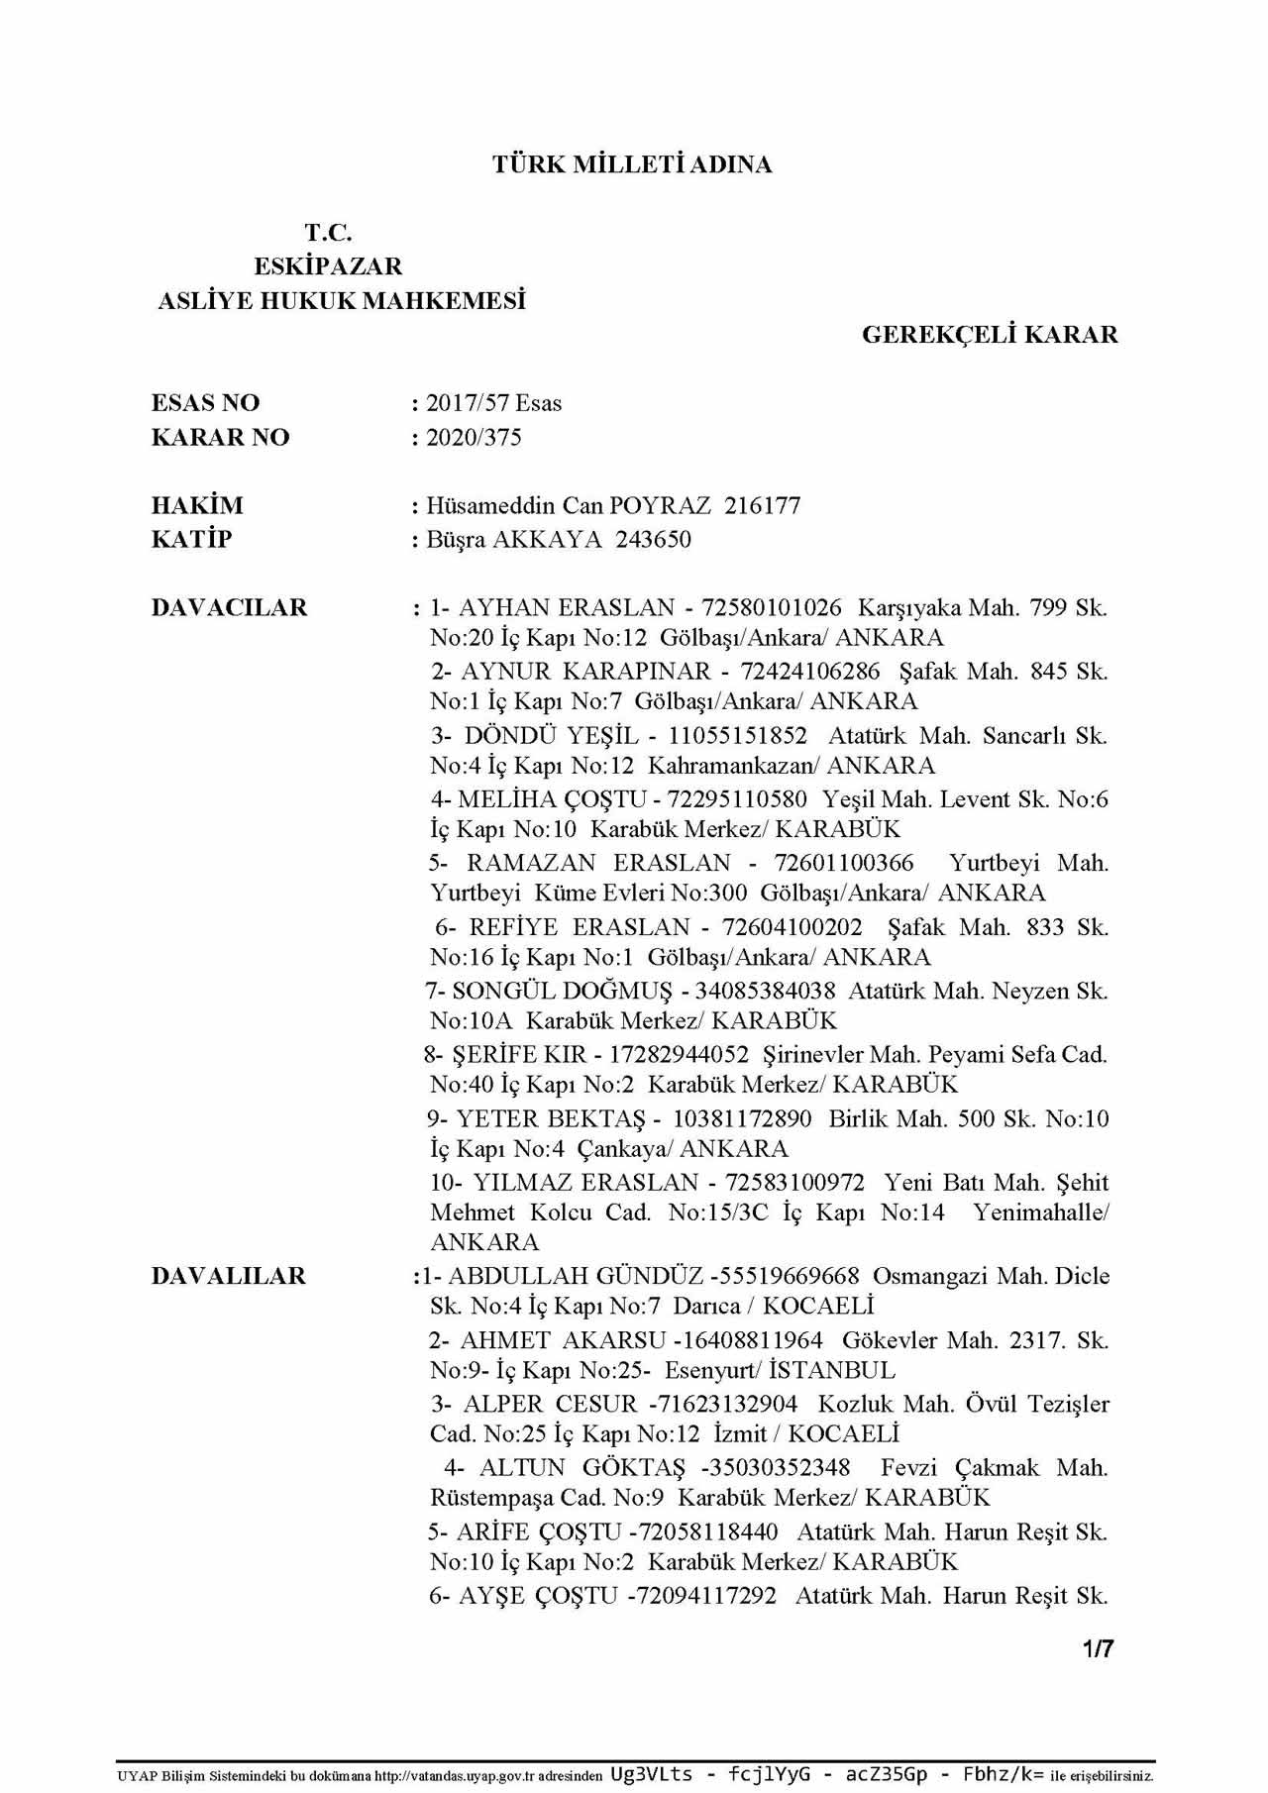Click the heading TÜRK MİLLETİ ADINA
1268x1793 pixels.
[632, 164]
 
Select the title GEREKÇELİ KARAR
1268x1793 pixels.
[990, 335]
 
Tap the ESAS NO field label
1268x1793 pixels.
[205, 403]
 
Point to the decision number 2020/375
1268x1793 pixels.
[474, 438]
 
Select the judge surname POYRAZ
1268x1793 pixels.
[660, 506]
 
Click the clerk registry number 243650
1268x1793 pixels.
[653, 540]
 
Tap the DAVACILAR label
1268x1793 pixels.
[229, 608]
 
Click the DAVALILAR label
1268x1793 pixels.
[228, 1276]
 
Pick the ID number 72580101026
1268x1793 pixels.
[772, 608]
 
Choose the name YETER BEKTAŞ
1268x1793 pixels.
[550, 1119]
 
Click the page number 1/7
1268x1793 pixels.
[1099, 1649]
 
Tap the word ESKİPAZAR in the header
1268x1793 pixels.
[328, 266]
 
